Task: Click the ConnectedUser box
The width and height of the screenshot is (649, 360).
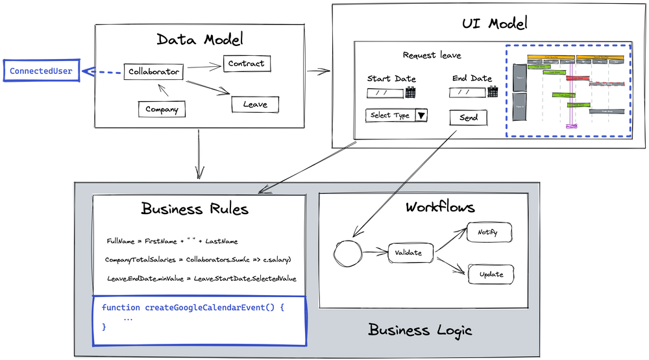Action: click(x=41, y=71)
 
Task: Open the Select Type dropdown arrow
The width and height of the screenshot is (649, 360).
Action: click(x=421, y=115)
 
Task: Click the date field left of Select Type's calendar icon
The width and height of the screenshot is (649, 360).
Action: click(x=385, y=93)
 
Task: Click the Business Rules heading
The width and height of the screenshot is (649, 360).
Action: click(x=195, y=210)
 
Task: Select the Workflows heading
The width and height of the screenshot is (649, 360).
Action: click(x=440, y=208)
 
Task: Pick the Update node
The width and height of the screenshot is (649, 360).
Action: click(x=491, y=274)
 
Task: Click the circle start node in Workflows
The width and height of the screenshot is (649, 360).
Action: click(x=349, y=253)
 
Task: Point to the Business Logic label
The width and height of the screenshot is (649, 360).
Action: click(x=420, y=330)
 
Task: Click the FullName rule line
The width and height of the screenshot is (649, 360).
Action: click(x=172, y=241)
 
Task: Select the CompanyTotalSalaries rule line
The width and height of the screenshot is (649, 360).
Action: click(x=197, y=259)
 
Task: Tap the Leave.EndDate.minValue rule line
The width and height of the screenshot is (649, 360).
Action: click(x=201, y=278)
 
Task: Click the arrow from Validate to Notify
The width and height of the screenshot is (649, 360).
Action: click(x=450, y=239)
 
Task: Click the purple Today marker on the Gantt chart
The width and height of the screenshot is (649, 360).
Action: click(x=570, y=126)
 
